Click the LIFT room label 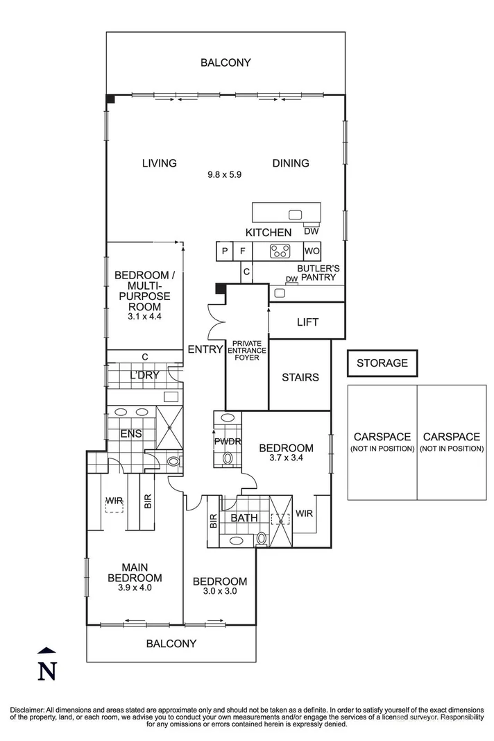click(307, 322)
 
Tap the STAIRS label click(300, 377)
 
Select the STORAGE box click(382, 363)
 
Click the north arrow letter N click(46, 671)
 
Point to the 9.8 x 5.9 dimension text click(224, 175)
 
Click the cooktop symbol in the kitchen click(280, 251)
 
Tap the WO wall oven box click(311, 251)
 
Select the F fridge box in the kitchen click(242, 251)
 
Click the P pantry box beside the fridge click(225, 251)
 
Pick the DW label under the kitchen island click(311, 231)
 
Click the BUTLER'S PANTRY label click(316, 272)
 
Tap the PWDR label click(226, 440)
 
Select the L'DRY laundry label click(144, 376)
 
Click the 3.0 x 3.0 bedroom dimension click(220, 592)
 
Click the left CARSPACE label click(382, 437)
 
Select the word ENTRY click(205, 349)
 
